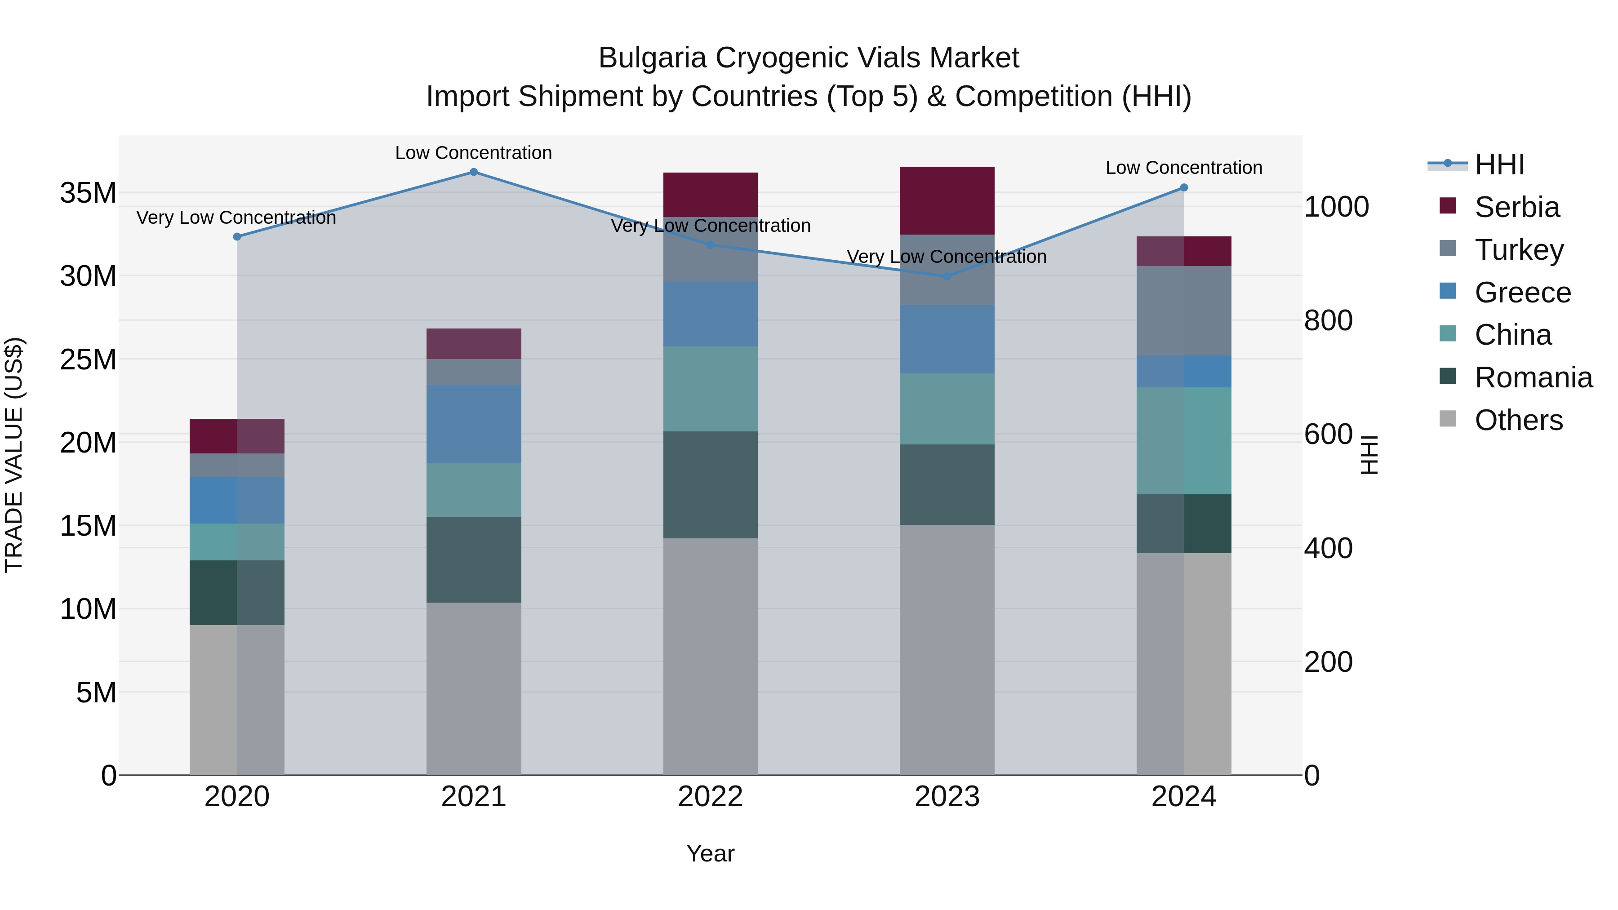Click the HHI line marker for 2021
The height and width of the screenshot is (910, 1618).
click(x=474, y=172)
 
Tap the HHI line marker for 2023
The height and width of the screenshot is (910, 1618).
click(x=947, y=276)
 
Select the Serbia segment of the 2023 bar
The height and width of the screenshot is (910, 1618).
click(x=947, y=200)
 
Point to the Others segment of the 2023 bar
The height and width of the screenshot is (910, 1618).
click(x=947, y=650)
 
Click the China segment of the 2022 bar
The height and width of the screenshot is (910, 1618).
click(x=711, y=389)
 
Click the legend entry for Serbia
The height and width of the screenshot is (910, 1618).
click(x=1516, y=207)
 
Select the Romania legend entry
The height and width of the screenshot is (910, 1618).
click(x=1533, y=377)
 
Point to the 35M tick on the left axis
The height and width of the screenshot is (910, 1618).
click(x=88, y=193)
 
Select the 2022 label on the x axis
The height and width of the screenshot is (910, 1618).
click(x=711, y=797)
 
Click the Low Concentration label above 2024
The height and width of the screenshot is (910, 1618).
click(x=1184, y=168)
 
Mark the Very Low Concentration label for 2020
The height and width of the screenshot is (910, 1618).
click(x=236, y=218)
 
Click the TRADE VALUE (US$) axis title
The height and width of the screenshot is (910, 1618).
click(x=14, y=455)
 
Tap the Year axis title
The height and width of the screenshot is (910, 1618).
click(x=711, y=853)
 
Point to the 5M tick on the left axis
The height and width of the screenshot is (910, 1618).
click(x=96, y=692)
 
